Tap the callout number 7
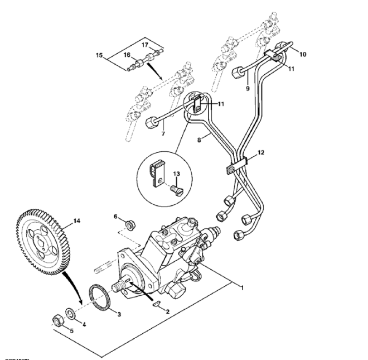163,133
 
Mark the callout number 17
144,44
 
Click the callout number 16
127,55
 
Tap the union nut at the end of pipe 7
151,122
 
